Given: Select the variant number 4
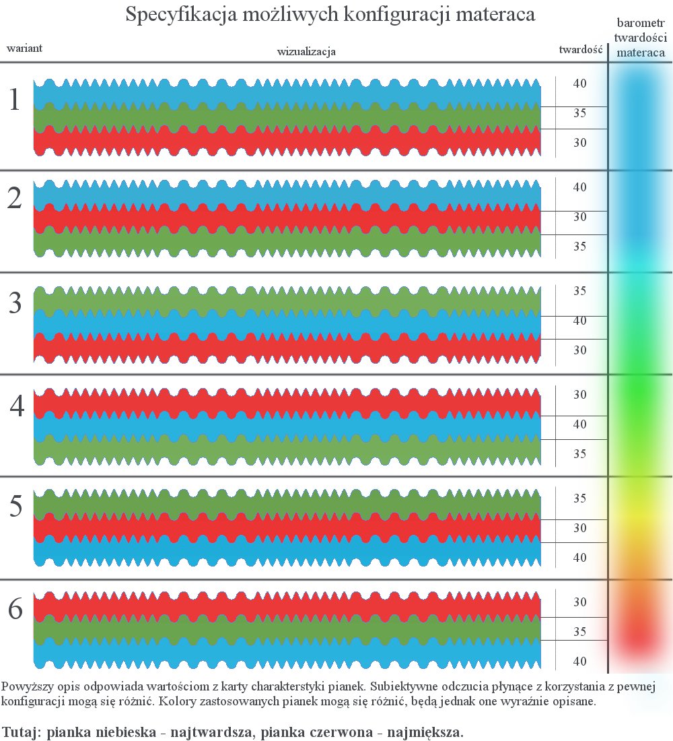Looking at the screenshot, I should [x=17, y=406].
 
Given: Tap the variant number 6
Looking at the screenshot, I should [x=15, y=610].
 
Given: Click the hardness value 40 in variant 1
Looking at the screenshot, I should [x=579, y=84].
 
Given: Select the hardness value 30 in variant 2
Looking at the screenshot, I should [x=579, y=217].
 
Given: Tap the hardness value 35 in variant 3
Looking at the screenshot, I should [x=579, y=291].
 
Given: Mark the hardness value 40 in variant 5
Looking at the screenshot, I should [x=579, y=558].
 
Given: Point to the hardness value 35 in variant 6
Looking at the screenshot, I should [x=579, y=632].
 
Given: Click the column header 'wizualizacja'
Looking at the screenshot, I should [x=306, y=51].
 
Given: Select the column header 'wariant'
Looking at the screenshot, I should [x=25, y=49].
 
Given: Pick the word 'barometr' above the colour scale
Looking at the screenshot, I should [x=641, y=24].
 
